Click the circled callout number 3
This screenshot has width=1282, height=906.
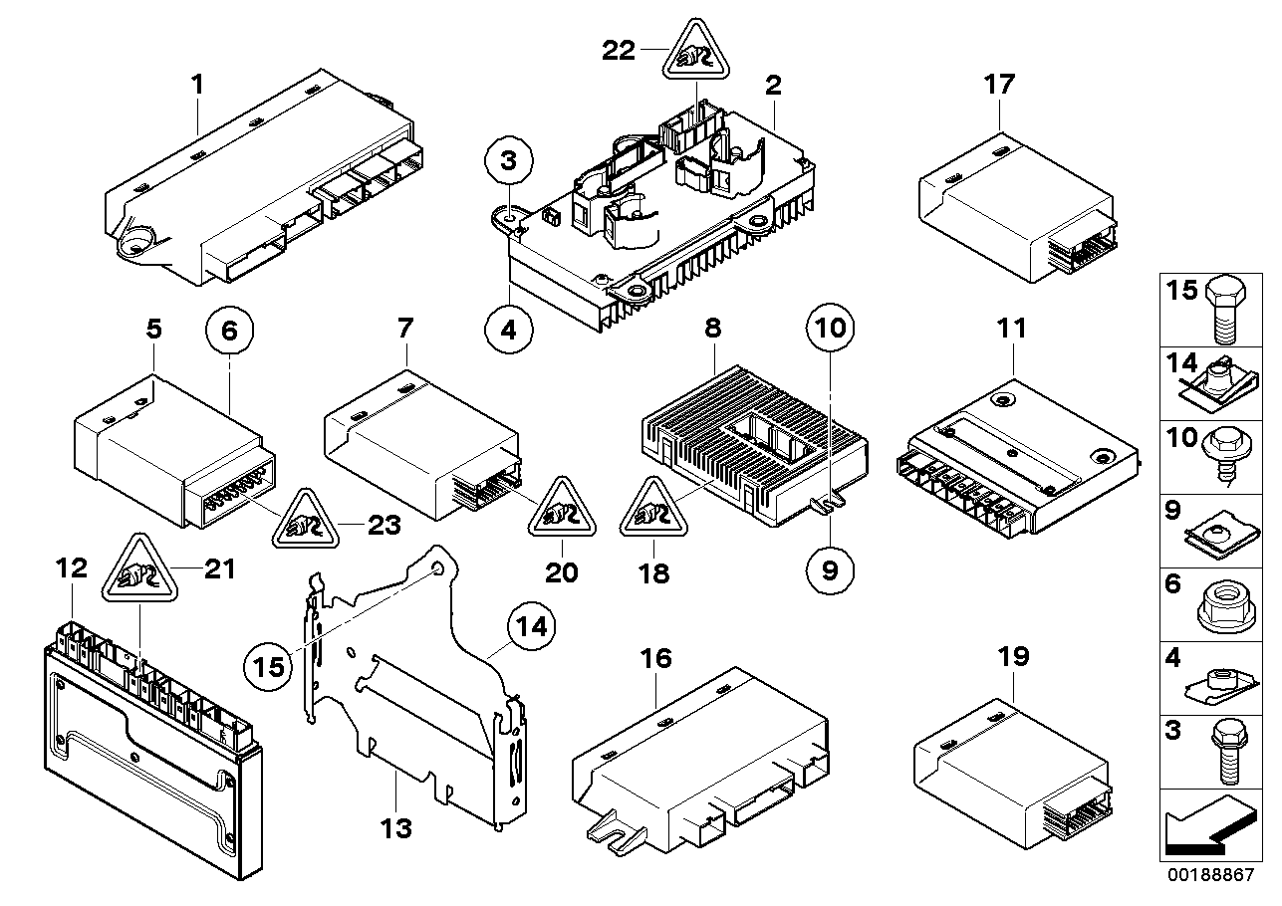pyautogui.click(x=509, y=161)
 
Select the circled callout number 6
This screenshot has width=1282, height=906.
pyautogui.click(x=230, y=333)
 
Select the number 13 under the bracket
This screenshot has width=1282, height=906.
pyautogui.click(x=396, y=827)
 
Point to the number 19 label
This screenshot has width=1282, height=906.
pyautogui.click(x=1013, y=657)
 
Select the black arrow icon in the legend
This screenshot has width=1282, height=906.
pyautogui.click(x=1206, y=827)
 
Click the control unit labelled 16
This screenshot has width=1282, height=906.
pyautogui.click(x=697, y=757)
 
